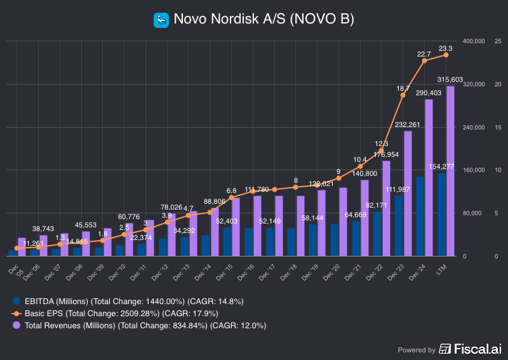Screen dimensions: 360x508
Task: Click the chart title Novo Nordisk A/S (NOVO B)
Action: [264, 20]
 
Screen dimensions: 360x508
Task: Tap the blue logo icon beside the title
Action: [161, 20]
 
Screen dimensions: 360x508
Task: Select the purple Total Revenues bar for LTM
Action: [450, 171]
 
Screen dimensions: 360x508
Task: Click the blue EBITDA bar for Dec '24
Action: [420, 217]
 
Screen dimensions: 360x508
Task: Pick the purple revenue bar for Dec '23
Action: [408, 194]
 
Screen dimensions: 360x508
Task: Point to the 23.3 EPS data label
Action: [446, 48]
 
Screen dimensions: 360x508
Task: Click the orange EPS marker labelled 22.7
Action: [424, 60]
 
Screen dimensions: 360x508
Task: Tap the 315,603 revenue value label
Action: [450, 79]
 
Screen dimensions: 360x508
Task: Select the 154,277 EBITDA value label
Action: [441, 166]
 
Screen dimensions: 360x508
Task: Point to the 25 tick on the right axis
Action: [498, 41]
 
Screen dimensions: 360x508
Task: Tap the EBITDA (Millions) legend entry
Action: [127, 301]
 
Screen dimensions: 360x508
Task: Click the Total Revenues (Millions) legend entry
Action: [140, 325]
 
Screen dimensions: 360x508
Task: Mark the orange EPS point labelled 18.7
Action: [403, 95]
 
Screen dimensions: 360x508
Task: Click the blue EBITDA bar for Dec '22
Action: [377, 234]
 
